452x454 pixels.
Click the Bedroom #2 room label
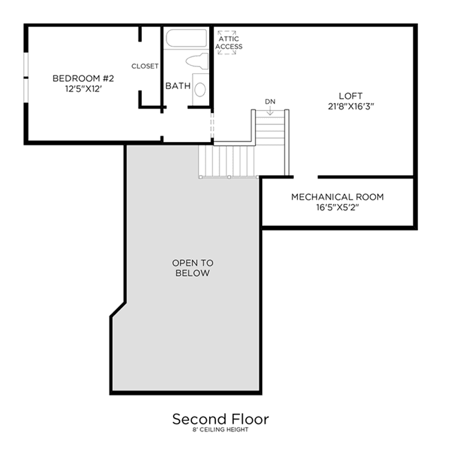[x=83, y=78]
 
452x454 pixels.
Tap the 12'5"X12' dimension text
[x=83, y=89]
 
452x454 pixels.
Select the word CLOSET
[x=145, y=66]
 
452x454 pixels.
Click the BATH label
[x=178, y=86]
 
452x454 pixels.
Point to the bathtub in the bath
[x=186, y=38]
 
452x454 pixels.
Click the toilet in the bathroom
[x=198, y=61]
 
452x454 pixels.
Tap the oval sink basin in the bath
[x=200, y=90]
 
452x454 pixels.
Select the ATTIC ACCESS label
[x=229, y=42]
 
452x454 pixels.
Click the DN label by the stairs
[x=270, y=102]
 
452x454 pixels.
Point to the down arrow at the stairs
[x=270, y=110]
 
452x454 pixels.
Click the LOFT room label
[x=351, y=96]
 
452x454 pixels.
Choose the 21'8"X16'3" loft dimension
[x=351, y=107]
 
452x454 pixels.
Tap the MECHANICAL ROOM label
[x=338, y=197]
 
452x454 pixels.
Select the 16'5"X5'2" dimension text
[x=338, y=208]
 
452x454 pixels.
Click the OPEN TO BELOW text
[x=193, y=268]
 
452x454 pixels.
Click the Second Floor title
[x=220, y=419]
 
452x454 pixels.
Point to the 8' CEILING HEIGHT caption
[x=220, y=430]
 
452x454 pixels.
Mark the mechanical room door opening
[x=306, y=177]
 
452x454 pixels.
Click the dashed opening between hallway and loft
[x=213, y=126]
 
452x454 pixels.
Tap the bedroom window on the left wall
[x=26, y=78]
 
